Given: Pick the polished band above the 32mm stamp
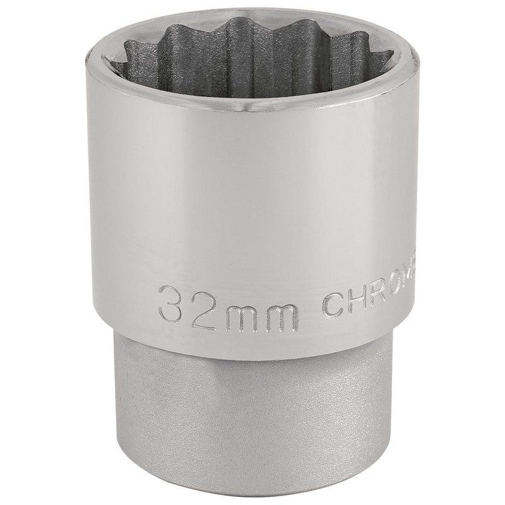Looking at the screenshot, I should click(x=252, y=189).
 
